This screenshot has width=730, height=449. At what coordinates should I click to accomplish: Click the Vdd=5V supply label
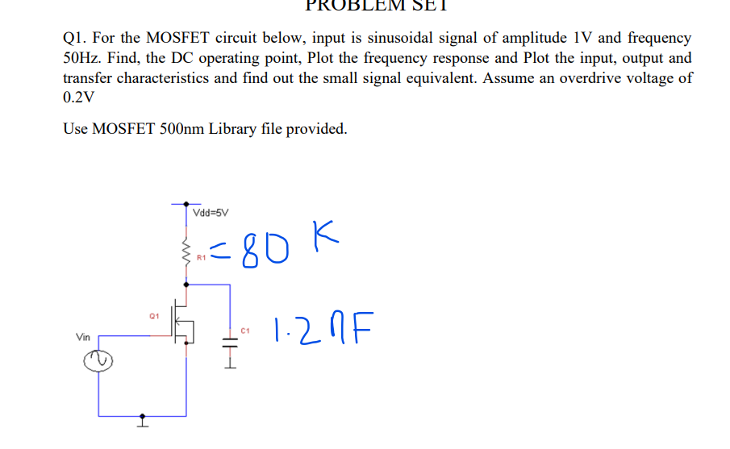coord(211,214)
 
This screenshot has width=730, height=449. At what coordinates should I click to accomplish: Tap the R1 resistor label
coord(202,258)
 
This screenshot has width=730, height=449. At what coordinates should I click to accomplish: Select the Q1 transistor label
coord(154,315)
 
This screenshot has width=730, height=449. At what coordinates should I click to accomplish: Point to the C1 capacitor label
coord(246,330)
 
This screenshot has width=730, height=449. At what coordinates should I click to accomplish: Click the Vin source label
coord(83,338)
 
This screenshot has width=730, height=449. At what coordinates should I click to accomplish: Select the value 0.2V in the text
coord(78,98)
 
